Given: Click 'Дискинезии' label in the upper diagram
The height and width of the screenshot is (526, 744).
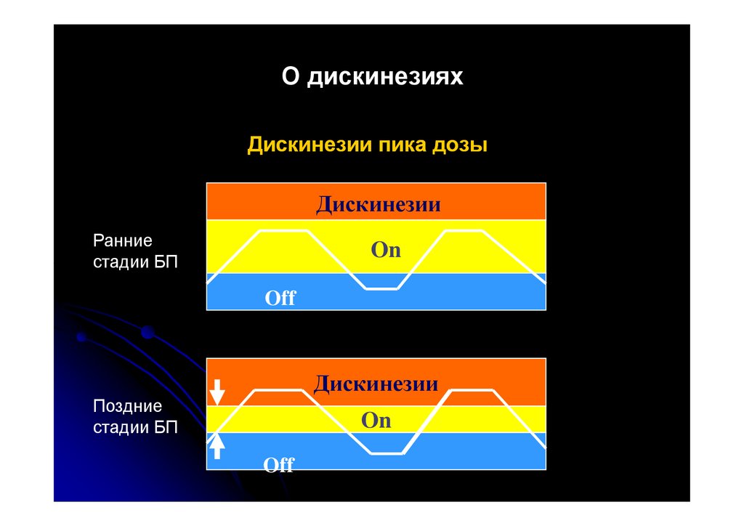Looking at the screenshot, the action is (378, 204).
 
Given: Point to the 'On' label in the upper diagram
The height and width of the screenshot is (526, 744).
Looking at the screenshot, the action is (386, 250).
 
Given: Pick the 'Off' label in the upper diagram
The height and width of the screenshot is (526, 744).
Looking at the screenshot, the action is (280, 297).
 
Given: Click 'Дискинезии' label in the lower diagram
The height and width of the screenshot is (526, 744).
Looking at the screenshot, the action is (376, 383).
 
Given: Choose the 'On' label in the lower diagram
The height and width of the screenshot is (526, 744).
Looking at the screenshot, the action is (376, 421).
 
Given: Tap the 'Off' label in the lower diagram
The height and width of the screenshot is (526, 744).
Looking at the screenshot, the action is (279, 464).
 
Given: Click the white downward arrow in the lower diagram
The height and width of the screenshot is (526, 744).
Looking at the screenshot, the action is (217, 392).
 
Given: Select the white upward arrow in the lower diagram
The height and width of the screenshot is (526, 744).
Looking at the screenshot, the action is (217, 445).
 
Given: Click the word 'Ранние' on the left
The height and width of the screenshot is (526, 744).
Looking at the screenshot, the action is (123, 240).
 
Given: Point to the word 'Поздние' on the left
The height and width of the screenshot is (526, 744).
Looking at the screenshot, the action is (127, 406).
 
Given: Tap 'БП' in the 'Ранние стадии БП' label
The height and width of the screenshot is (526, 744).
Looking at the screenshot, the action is (166, 262).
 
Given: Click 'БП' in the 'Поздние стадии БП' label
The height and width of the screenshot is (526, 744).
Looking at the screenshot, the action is (166, 427).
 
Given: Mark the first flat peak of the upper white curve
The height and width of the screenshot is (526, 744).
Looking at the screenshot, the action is (283, 231).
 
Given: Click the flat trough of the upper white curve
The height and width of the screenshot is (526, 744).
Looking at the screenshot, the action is (382, 288).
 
